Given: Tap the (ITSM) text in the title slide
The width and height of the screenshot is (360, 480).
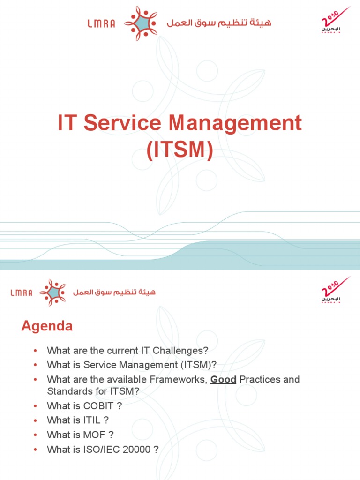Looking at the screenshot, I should point(180,150).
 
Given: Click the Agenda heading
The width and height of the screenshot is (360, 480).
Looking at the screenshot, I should point(47,326).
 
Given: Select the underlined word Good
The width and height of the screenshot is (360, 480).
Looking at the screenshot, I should point(223,379).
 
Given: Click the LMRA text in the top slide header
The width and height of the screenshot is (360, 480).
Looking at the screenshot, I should point(101,23).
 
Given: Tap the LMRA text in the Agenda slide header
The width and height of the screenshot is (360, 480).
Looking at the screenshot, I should point(21,293).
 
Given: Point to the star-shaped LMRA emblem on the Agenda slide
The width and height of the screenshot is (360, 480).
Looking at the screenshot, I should point(52,292).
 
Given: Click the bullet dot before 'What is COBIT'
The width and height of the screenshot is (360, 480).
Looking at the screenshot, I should point(35,406).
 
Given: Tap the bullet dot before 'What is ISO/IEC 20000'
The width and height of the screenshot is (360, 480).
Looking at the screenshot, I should point(35,450).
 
